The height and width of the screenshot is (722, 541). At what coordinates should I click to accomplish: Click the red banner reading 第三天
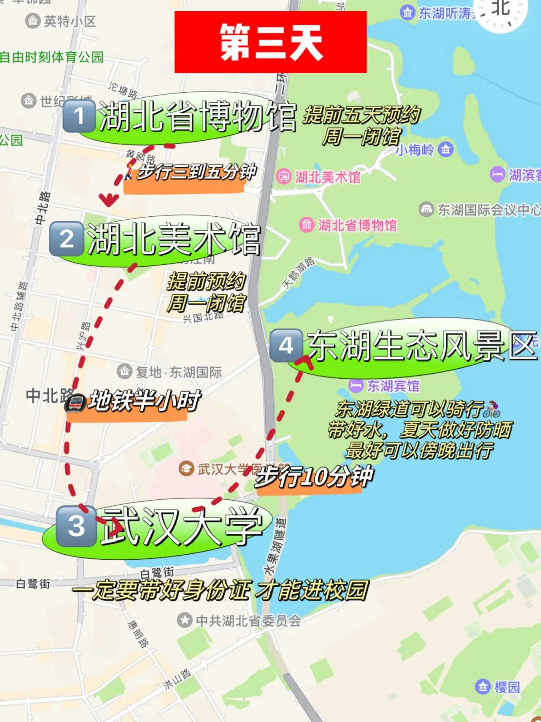[270, 42]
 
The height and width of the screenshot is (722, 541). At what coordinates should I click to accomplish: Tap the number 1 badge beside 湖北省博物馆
[79, 116]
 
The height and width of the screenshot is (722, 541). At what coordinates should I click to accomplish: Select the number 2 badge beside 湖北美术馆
[66, 239]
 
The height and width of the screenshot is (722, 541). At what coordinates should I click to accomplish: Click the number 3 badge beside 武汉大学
[76, 526]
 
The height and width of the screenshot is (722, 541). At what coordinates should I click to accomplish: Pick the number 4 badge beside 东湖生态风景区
[286, 345]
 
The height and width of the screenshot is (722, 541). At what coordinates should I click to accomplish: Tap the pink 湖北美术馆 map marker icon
[284, 176]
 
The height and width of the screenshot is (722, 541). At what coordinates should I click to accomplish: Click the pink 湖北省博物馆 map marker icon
[307, 225]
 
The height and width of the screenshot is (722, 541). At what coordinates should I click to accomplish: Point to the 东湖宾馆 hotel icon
[356, 386]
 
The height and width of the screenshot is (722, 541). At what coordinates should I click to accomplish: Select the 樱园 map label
[507, 687]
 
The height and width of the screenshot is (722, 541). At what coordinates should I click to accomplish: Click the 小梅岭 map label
[415, 150]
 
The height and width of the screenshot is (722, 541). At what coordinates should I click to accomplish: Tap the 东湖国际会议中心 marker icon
[426, 209]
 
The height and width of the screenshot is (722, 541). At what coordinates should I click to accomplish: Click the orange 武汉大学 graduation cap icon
[186, 469]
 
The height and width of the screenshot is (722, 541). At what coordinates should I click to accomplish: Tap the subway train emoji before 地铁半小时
[76, 403]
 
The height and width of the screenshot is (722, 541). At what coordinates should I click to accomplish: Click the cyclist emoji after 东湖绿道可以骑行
[492, 410]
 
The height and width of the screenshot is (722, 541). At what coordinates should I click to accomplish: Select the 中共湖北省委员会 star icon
[185, 620]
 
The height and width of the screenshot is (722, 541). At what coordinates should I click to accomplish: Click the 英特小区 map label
[70, 21]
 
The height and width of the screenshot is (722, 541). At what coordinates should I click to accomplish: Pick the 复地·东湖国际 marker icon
[125, 372]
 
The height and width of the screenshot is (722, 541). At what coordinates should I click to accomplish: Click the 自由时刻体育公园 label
[52, 57]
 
